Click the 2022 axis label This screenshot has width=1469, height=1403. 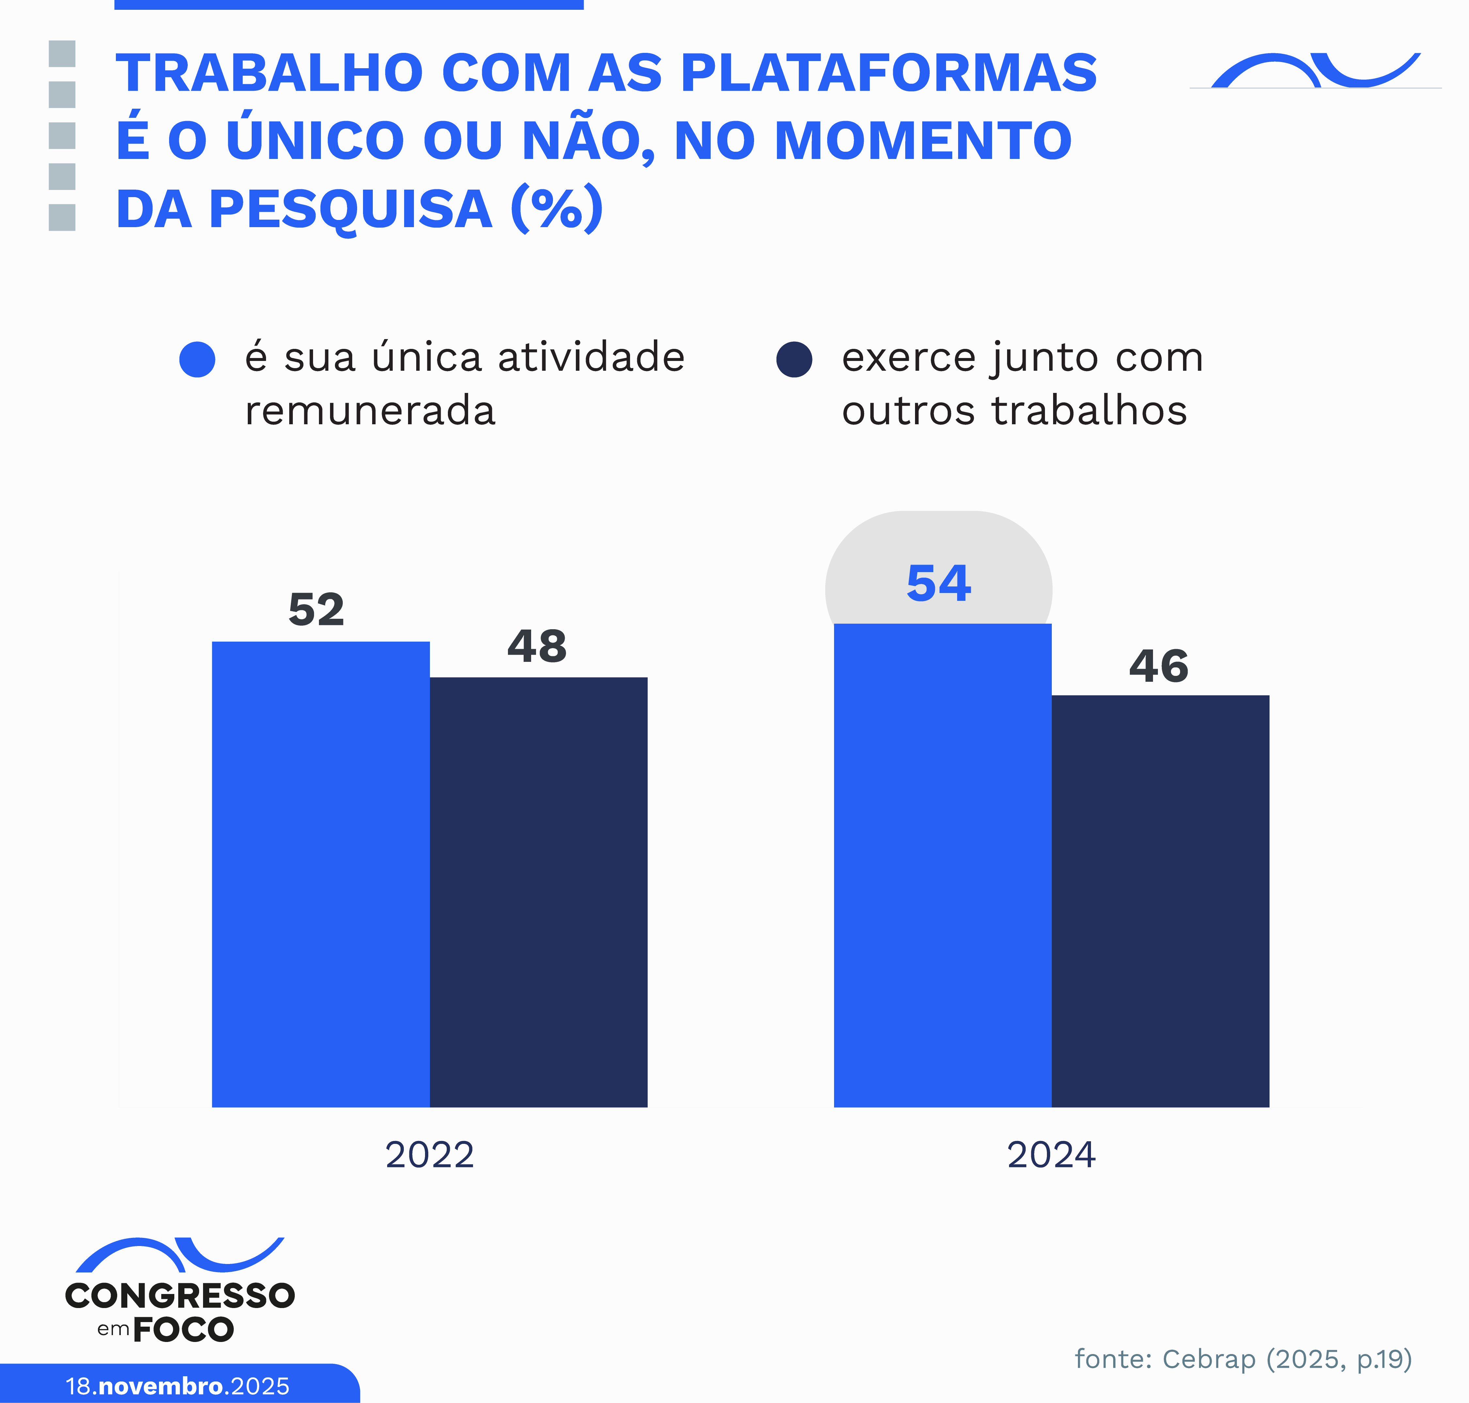pos(429,1155)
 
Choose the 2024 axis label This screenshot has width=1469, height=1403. pos(1051,1155)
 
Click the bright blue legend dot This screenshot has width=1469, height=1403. pos(197,360)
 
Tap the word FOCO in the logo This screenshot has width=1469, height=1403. pos(183,1330)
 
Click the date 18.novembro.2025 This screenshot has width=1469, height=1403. pos(177,1386)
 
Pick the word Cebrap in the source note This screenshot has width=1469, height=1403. pos(1209,1359)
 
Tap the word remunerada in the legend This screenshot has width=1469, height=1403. pos(370,411)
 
